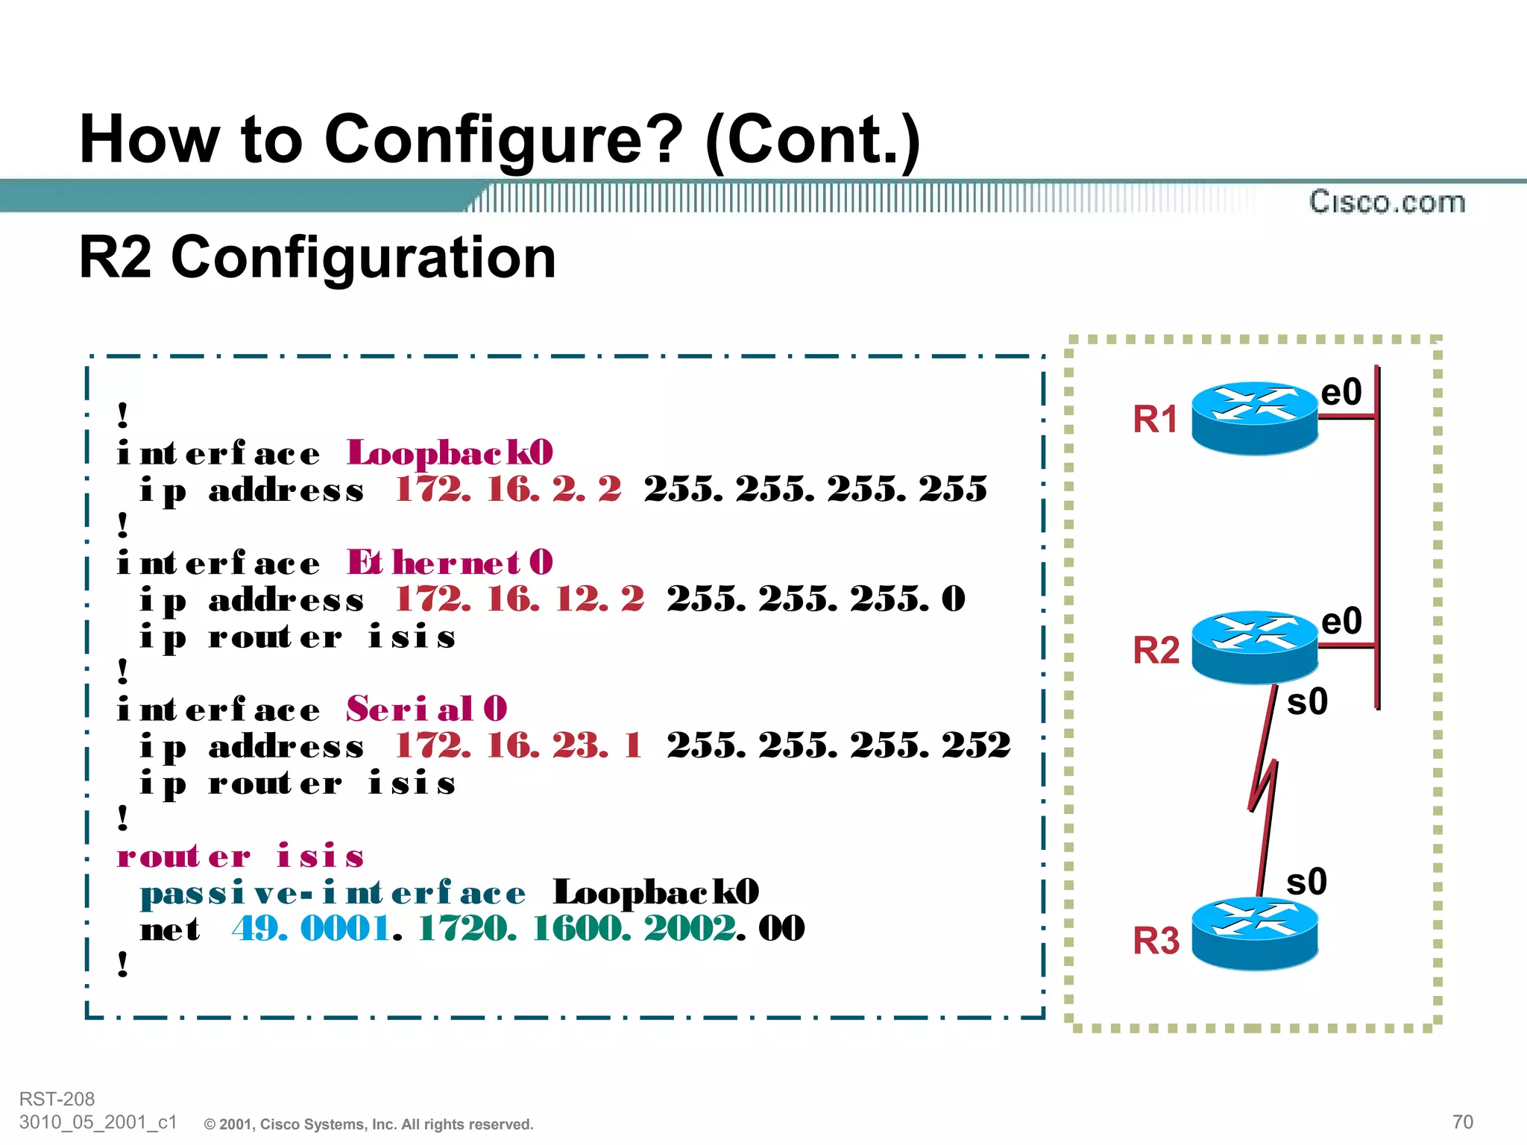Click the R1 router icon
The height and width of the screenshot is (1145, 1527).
(1254, 418)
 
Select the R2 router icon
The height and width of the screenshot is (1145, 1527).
(1254, 647)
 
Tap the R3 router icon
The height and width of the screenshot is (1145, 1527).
(1254, 933)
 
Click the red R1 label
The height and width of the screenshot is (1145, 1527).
(1155, 419)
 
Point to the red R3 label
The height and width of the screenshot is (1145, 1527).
(1156, 941)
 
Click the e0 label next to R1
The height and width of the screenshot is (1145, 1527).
(1341, 392)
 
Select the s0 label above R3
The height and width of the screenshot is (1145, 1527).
(1306, 882)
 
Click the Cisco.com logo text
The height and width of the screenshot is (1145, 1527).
(1387, 202)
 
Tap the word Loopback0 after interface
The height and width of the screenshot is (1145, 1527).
(450, 453)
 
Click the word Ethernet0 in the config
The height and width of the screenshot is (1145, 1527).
(450, 563)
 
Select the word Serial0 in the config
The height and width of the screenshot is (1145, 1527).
(426, 709)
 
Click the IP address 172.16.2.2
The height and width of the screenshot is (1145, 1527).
(508, 490)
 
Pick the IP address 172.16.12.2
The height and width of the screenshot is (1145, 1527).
(519, 599)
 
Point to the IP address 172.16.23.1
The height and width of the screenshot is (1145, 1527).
(518, 745)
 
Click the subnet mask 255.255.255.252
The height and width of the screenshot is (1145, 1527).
(839, 745)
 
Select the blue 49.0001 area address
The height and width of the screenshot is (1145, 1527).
(311, 929)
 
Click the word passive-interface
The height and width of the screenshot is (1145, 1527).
(333, 893)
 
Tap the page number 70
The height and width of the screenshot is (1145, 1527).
(1462, 1122)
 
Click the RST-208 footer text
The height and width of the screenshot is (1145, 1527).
(57, 1099)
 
